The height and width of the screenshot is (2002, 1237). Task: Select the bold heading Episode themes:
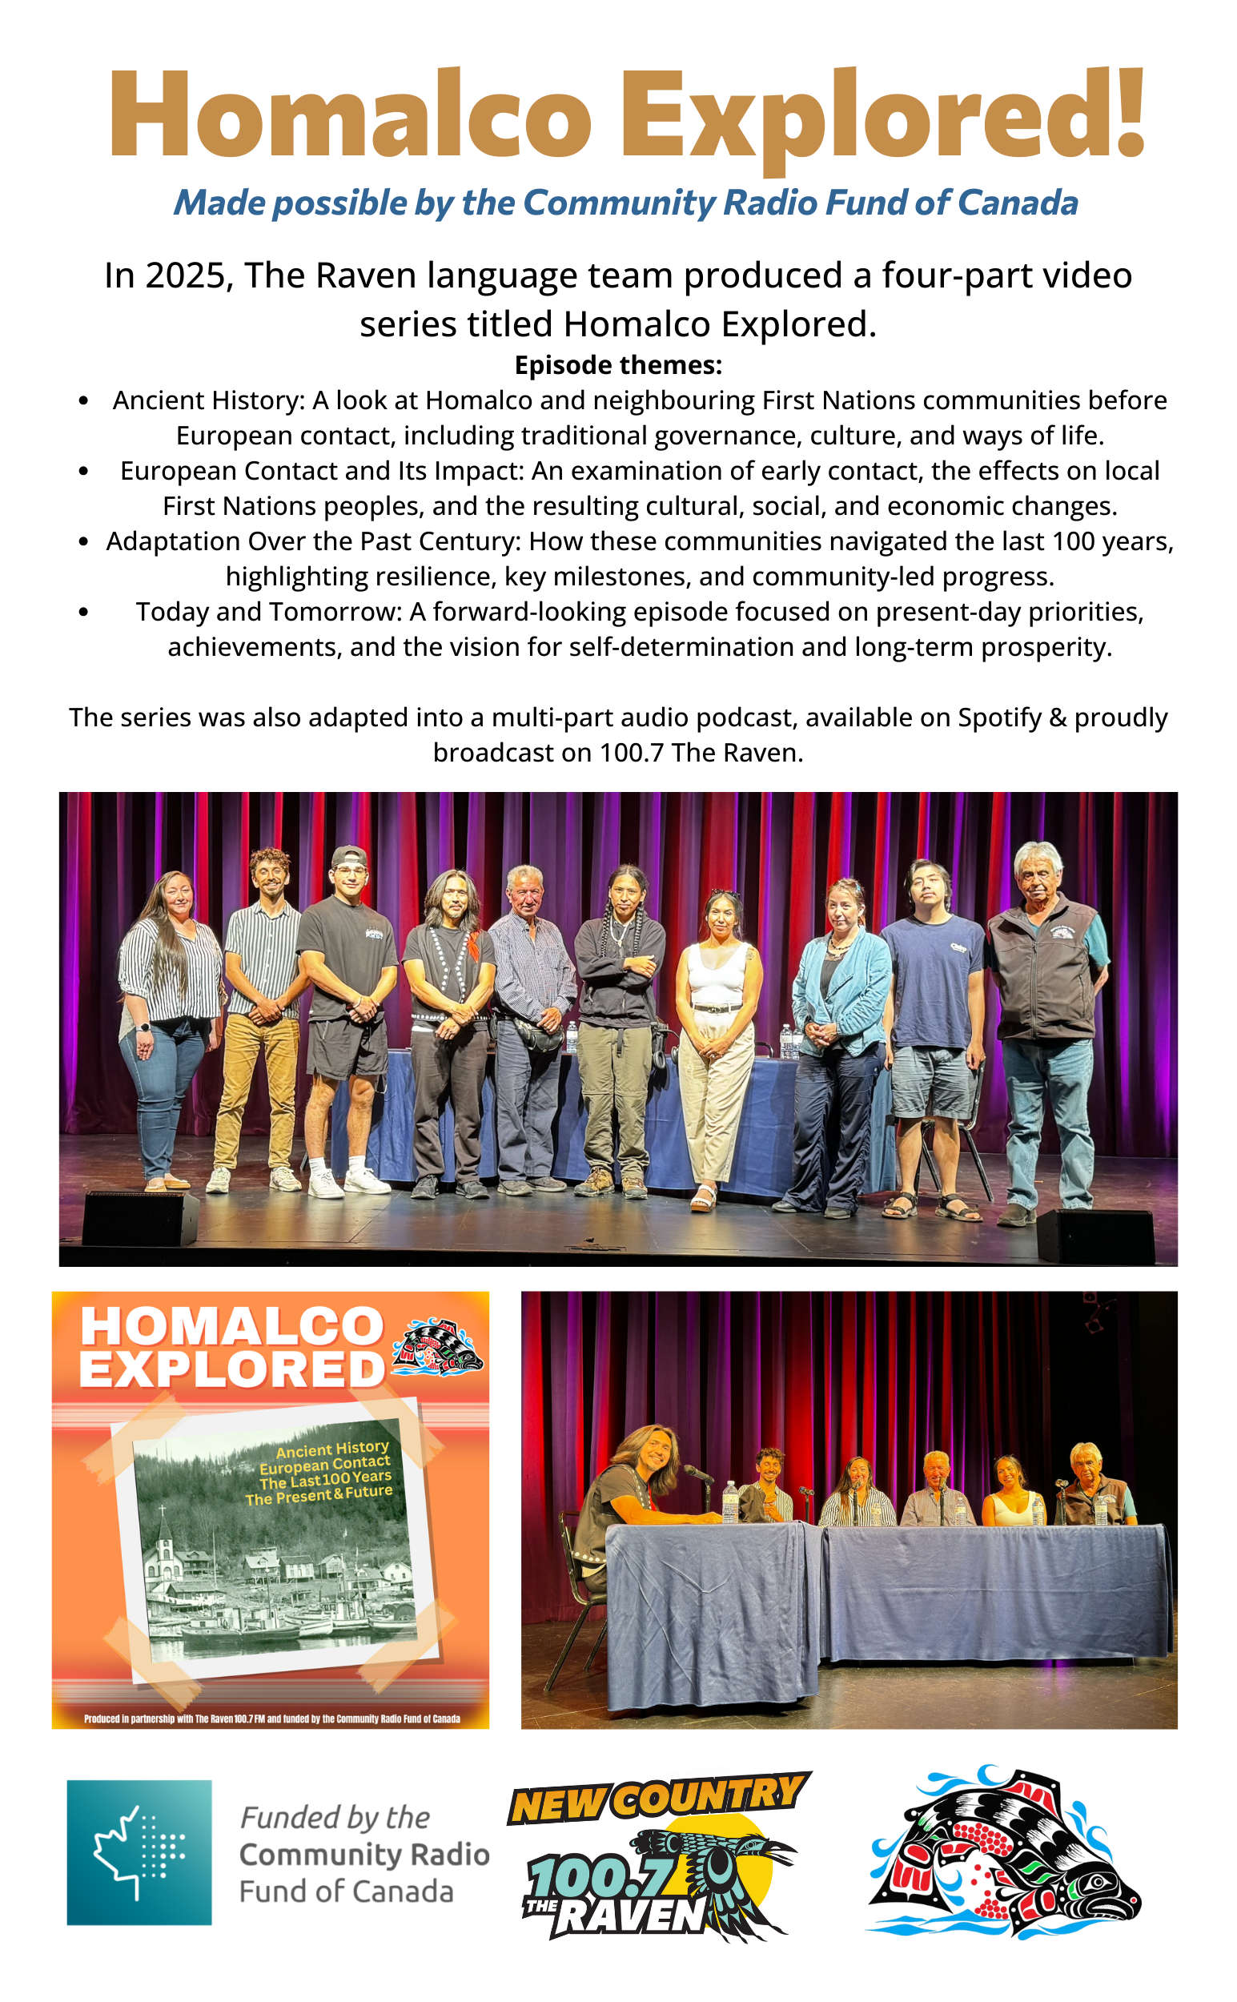click(617, 365)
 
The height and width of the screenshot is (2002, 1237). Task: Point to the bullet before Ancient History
click(83, 401)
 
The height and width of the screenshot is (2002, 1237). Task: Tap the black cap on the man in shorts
click(348, 857)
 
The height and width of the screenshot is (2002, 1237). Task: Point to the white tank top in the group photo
click(717, 974)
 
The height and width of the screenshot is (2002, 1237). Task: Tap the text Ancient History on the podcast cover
click(331, 1450)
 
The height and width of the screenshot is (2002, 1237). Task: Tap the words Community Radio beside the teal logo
click(364, 1855)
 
